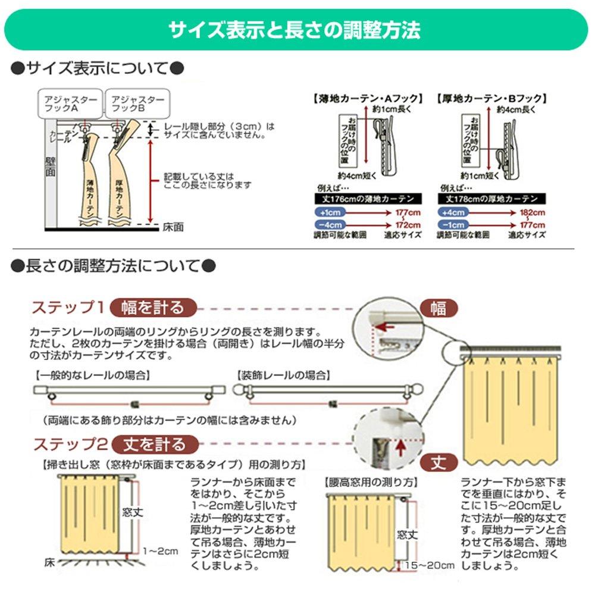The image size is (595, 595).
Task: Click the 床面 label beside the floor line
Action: point(173,227)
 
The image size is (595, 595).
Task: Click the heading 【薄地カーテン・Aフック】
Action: point(367,99)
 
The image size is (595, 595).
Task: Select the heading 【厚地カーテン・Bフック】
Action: point(491,99)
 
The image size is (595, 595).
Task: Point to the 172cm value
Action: point(408,225)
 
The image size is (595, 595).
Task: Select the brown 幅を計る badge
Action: point(153,308)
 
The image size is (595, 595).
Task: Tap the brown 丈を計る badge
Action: point(155,444)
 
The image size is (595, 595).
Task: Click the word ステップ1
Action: point(68,308)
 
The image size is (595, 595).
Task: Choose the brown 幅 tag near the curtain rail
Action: point(439,308)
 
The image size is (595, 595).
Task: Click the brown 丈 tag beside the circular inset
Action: point(439,462)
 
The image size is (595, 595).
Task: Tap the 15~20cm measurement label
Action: point(429,564)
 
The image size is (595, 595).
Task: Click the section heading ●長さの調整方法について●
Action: point(113,265)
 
